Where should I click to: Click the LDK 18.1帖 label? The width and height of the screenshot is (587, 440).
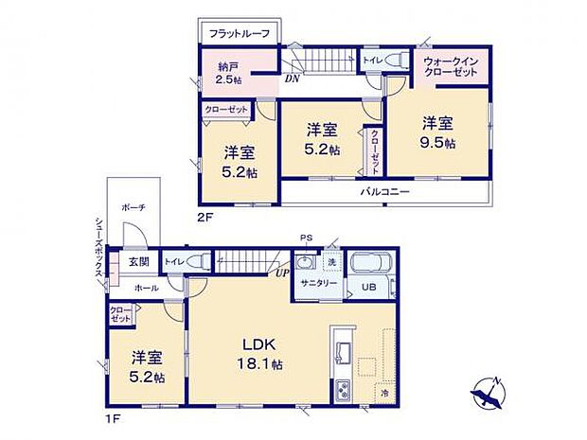pos(261,352)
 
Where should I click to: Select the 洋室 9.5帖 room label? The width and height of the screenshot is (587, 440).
pos(438,132)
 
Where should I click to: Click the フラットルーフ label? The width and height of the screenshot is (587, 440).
pos(240,34)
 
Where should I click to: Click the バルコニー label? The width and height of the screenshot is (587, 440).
pos(383,191)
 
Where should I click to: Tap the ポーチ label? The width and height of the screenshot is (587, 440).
pos(133,205)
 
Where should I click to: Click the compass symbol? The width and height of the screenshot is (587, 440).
pos(489,391)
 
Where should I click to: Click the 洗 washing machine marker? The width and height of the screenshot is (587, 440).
pos(331,261)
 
